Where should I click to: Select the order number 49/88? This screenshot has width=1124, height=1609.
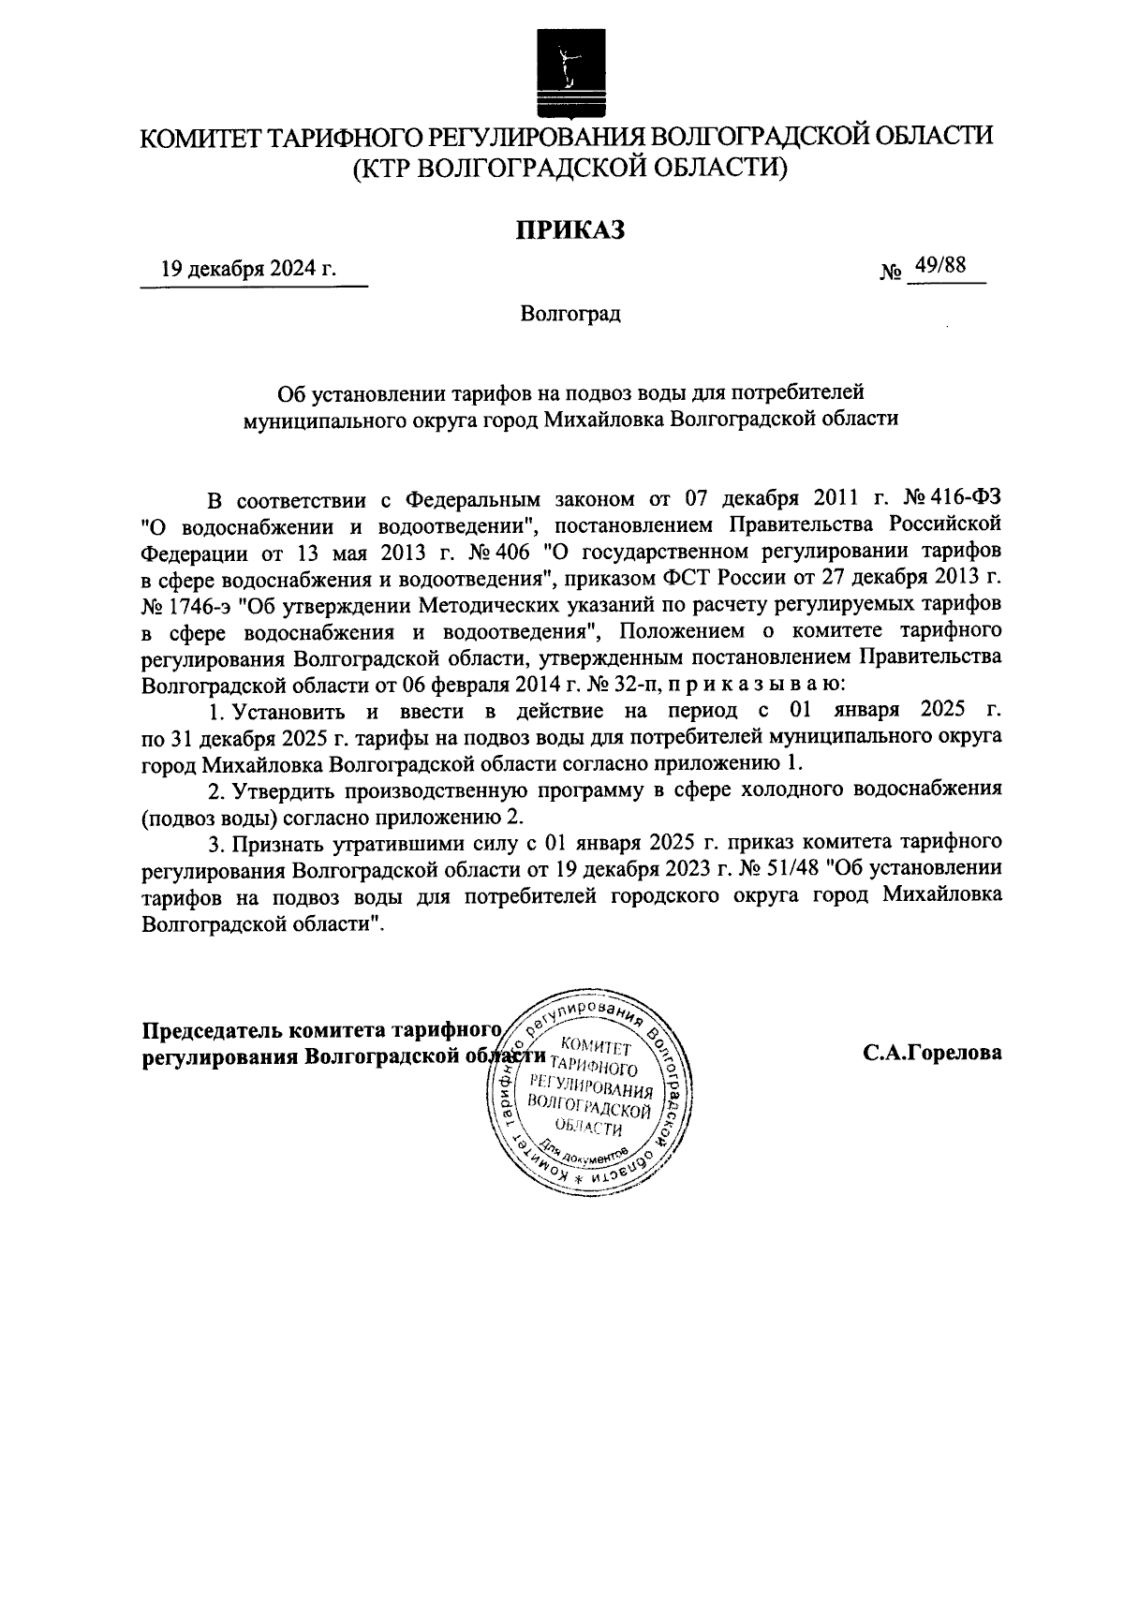point(941,266)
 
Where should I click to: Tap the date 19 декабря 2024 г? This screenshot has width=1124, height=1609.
point(249,270)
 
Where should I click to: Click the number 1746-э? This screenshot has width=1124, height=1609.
point(197,600)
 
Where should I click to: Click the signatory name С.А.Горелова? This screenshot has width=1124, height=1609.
point(932,1053)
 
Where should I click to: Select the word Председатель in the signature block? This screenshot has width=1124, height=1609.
point(213,1030)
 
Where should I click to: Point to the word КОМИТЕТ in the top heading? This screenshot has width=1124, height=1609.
point(198,138)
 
